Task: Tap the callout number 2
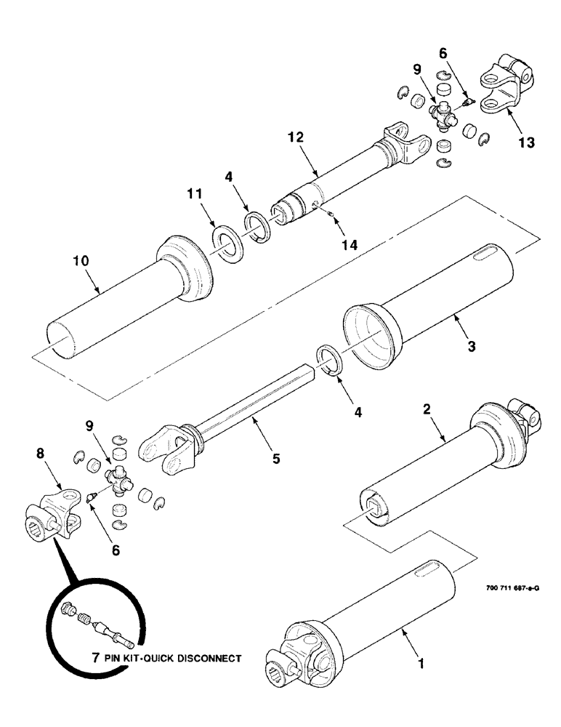(x=427, y=409)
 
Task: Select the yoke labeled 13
(x=501, y=85)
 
